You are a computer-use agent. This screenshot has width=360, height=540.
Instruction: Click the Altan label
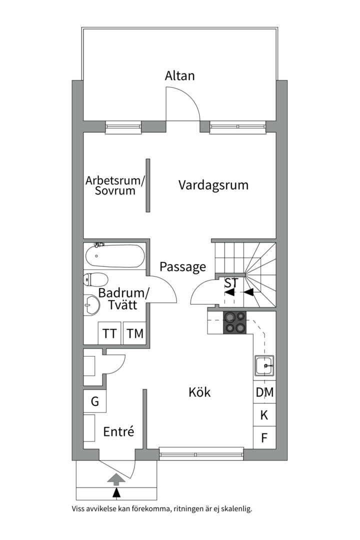pyautogui.click(x=179, y=76)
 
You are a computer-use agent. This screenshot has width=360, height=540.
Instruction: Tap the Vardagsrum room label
pyautogui.click(x=213, y=185)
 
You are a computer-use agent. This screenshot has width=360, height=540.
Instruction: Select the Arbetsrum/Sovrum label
pyautogui.click(x=114, y=185)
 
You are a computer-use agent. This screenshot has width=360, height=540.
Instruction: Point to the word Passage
pyautogui.click(x=182, y=267)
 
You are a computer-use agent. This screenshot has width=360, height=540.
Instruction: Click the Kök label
pyautogui.click(x=199, y=392)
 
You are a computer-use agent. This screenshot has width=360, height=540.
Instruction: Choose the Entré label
pyautogui.click(x=118, y=431)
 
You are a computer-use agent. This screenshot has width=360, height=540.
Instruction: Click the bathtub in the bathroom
pyautogui.click(x=114, y=255)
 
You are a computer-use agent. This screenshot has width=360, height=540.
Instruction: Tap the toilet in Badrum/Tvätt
pyautogui.click(x=96, y=279)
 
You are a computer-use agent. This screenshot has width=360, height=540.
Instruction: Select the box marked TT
pyautogui.click(x=110, y=333)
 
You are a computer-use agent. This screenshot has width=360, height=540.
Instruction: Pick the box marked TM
pyautogui.click(x=134, y=333)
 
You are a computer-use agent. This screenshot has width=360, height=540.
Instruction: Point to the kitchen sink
pyautogui.click(x=264, y=366)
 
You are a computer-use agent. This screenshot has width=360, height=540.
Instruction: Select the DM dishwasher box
pyautogui.click(x=264, y=392)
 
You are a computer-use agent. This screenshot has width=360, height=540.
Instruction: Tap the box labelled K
pyautogui.click(x=264, y=415)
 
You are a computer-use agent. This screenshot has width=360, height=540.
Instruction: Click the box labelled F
pyautogui.click(x=264, y=438)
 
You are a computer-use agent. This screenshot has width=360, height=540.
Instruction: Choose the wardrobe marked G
pyautogui.click(x=94, y=401)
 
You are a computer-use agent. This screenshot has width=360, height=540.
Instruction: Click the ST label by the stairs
pyautogui.click(x=230, y=283)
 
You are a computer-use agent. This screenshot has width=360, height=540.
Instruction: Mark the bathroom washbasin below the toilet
pyautogui.click(x=91, y=304)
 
